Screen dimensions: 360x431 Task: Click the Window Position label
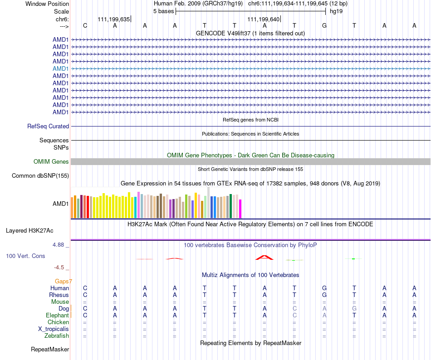pyautogui.click(x=47, y=4)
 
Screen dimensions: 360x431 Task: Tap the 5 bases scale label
pyautogui.click(x=163, y=11)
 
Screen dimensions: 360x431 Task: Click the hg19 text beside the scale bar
pyautogui.click(x=336, y=11)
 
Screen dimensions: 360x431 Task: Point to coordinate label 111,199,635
pyautogui.click(x=113, y=19)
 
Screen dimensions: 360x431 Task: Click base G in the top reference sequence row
pyautogui.click(x=324, y=26)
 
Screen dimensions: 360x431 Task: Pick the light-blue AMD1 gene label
pyautogui.click(x=61, y=68)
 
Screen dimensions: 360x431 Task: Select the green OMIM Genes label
pyautogui.click(x=51, y=162)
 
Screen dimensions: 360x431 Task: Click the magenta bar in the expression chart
pyautogui.click(x=240, y=209)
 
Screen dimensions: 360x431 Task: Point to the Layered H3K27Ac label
pyautogui.click(x=29, y=231)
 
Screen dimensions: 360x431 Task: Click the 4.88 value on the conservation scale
pyautogui.click(x=59, y=245)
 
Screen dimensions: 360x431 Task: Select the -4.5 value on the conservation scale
pyautogui.click(x=60, y=268)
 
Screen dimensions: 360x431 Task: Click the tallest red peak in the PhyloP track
pyautogui.click(x=264, y=258)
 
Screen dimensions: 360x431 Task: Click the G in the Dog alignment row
pyautogui.click(x=354, y=309)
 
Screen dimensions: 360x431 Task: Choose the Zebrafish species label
pyautogui.click(x=57, y=336)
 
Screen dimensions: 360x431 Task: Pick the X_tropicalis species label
pyautogui.click(x=54, y=329)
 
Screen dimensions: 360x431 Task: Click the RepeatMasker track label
pyautogui.click(x=50, y=350)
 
